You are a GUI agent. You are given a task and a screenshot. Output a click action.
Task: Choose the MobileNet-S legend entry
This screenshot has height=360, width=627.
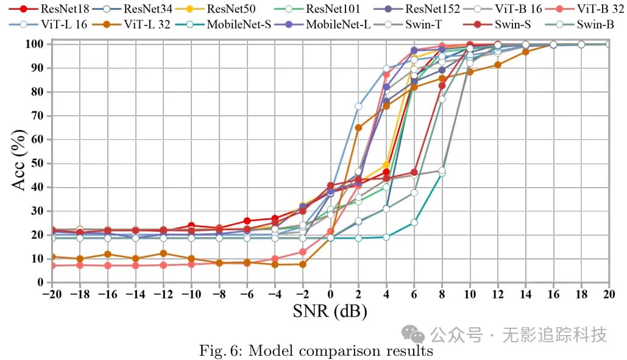pyautogui.click(x=238, y=25)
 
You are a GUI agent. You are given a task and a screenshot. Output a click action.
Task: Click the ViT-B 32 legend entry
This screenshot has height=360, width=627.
pyautogui.click(x=600, y=9)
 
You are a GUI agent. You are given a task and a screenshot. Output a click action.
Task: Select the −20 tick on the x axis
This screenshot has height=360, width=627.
pyautogui.click(x=51, y=294)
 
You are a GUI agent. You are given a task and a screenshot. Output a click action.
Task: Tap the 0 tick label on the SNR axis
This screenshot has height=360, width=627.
pyautogui.click(x=330, y=294)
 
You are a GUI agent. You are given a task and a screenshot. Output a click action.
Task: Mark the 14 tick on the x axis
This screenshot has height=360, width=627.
pyautogui.click(x=525, y=294)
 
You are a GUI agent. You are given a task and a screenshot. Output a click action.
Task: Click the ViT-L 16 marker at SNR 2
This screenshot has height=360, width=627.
pyautogui.click(x=358, y=107)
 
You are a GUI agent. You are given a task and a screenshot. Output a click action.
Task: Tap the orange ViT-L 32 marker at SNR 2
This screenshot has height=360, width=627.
pyautogui.click(x=358, y=128)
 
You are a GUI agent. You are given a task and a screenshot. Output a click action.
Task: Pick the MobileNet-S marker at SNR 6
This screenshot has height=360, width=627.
pyautogui.click(x=414, y=222)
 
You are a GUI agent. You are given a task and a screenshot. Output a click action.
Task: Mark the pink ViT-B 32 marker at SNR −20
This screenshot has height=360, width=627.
pyautogui.click(x=52, y=266)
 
